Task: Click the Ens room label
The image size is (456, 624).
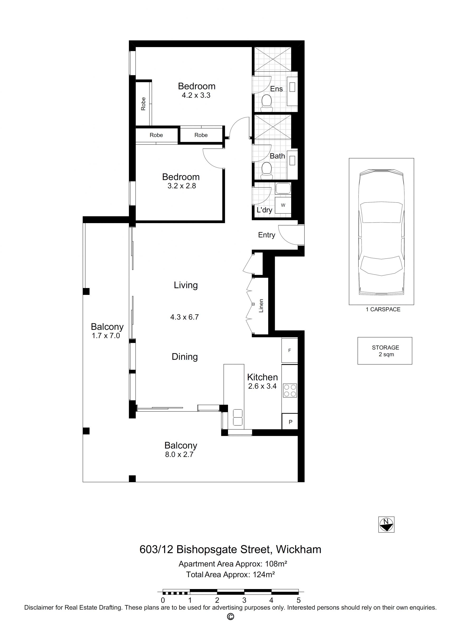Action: click(276, 89)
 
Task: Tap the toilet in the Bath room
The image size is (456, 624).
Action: click(267, 169)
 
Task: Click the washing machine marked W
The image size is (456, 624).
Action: click(283, 205)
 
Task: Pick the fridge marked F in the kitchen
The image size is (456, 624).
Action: click(290, 350)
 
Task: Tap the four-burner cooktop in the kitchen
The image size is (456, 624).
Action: click(290, 390)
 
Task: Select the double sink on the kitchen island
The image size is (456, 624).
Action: click(238, 417)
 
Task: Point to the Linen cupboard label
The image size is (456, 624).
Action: click(261, 306)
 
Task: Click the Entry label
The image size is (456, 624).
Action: click(267, 235)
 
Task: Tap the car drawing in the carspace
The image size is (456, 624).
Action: click(381, 232)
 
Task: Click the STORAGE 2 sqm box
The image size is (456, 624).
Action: click(385, 351)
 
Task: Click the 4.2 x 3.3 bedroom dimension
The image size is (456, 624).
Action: click(196, 96)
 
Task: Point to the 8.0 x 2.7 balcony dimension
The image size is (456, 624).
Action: click(179, 455)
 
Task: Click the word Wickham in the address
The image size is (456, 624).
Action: click(299, 549)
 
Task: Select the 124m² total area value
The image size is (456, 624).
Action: click(264, 575)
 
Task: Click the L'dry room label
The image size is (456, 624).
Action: click(264, 210)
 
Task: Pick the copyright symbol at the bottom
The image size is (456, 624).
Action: click(230, 617)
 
